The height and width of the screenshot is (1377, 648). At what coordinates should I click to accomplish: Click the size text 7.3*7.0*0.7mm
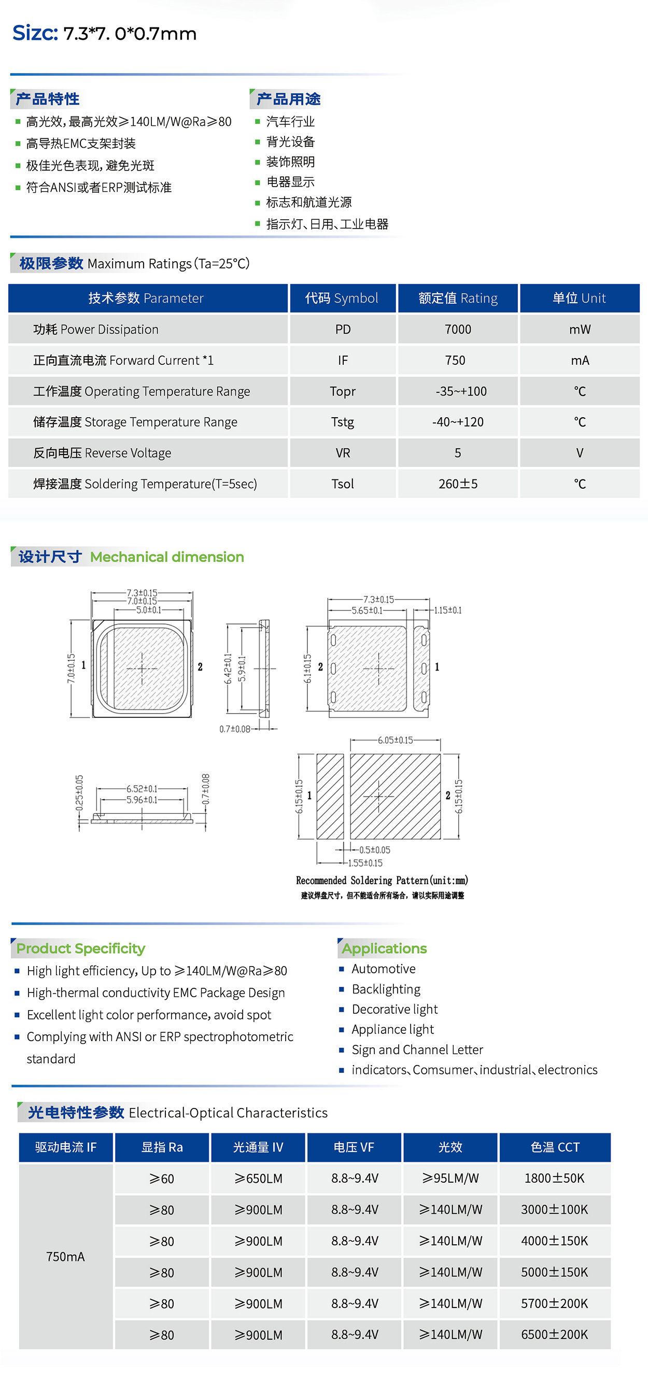(x=130, y=34)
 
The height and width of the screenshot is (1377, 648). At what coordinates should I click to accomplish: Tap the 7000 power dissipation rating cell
(x=458, y=329)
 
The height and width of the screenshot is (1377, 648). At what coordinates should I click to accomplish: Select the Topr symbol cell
(x=342, y=391)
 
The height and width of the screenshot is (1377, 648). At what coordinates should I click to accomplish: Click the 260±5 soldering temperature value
(x=458, y=484)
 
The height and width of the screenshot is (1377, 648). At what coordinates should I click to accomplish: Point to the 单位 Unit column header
(x=579, y=299)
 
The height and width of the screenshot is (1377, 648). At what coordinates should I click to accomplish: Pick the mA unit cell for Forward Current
(x=580, y=360)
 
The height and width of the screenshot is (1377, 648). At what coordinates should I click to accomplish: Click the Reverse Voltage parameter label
(x=102, y=453)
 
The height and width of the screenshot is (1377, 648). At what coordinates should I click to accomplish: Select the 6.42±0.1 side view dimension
(x=228, y=668)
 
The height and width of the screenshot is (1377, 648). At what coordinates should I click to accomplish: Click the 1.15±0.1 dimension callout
(x=447, y=610)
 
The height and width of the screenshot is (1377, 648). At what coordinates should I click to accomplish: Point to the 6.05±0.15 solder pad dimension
(x=395, y=740)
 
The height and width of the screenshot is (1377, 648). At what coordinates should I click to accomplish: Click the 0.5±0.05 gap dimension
(x=374, y=850)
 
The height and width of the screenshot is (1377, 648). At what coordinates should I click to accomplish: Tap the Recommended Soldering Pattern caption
(x=382, y=881)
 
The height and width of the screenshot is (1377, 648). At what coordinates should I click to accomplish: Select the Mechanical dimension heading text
(x=167, y=557)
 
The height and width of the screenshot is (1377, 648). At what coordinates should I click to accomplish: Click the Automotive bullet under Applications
(x=383, y=969)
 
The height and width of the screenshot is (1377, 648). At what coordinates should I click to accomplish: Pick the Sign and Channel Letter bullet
(x=417, y=1049)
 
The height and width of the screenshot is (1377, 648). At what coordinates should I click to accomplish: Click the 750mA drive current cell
(x=65, y=1256)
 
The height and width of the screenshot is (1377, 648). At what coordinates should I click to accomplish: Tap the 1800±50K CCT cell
(x=555, y=1178)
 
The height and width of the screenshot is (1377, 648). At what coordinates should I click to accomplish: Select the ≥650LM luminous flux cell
(x=258, y=1178)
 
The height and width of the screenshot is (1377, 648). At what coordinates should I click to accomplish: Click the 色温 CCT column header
(x=555, y=1147)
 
